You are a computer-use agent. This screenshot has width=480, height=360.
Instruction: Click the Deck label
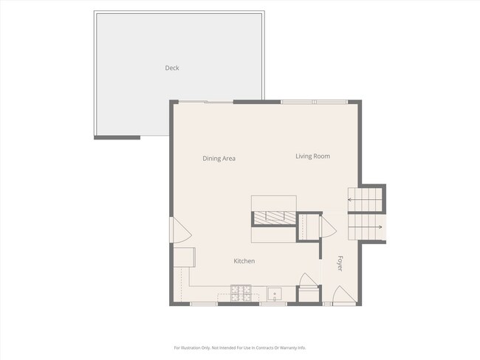click(172, 68)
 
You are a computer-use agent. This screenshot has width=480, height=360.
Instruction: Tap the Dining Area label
click(219, 159)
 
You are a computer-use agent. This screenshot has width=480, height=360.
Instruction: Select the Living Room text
click(313, 156)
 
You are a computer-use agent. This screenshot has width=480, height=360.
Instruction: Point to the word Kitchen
click(244, 261)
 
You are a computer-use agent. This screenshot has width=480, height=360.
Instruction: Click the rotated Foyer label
click(340, 263)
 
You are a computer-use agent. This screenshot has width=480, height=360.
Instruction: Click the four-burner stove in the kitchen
click(241, 293)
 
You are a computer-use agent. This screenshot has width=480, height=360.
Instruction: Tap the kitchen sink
click(275, 294)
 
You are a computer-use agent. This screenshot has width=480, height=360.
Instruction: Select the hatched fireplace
click(275, 218)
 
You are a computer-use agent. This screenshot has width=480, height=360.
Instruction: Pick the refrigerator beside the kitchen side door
click(185, 257)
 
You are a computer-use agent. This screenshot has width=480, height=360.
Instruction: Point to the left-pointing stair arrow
click(363, 200)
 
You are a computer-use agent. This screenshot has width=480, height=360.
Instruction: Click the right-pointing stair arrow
click(366, 227)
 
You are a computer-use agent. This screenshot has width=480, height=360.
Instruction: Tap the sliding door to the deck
click(206, 102)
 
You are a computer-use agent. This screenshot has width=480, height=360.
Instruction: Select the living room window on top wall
click(315, 102)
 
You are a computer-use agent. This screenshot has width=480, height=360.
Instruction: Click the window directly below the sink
click(273, 304)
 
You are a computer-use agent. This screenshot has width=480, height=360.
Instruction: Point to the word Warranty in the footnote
click(287, 347)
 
